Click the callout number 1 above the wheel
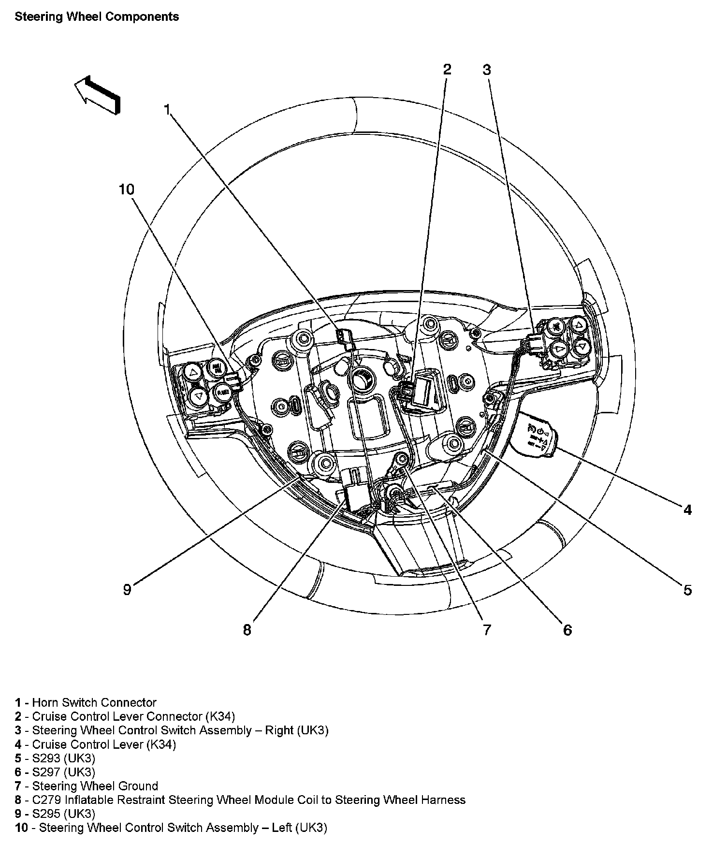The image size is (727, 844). tap(167, 110)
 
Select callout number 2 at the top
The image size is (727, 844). tap(447, 69)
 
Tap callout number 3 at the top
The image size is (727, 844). tap(486, 70)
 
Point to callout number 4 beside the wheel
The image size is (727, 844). tap(687, 509)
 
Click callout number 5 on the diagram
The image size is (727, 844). tap(687, 590)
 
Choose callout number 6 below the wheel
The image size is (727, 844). tap(567, 630)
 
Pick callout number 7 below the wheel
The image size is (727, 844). tap(486, 629)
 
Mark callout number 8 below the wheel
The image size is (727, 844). tap(247, 630)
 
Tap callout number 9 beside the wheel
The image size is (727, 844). tap(127, 590)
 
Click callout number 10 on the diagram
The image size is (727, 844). tap(127, 189)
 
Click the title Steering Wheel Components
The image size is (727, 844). tap(97, 16)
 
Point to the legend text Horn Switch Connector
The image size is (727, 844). tap(94, 702)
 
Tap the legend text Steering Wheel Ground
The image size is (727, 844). tap(95, 786)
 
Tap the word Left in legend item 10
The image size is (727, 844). tap(281, 828)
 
